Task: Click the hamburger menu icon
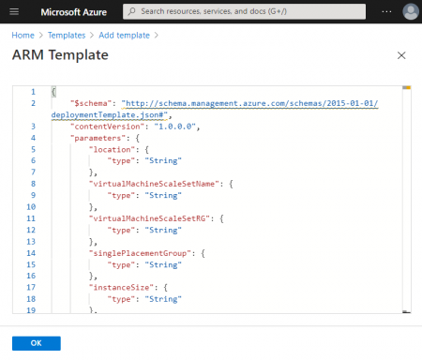pyautogui.click(x=14, y=11)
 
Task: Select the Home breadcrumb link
pyautogui.click(x=23, y=35)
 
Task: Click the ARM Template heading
pyautogui.click(x=60, y=55)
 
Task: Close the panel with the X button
pyautogui.click(x=402, y=55)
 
